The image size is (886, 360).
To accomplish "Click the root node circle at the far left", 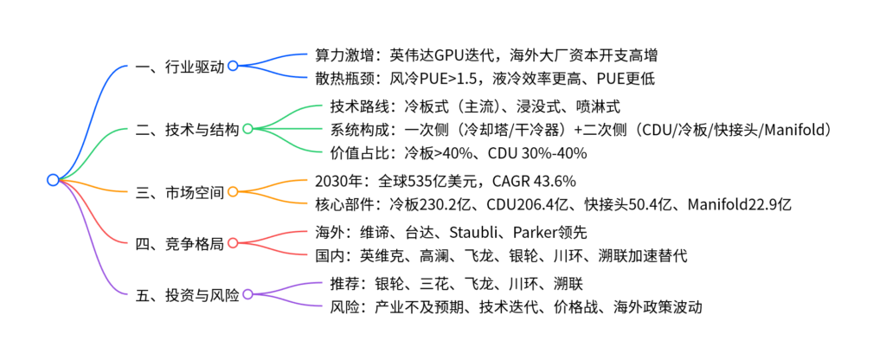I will click(53, 180).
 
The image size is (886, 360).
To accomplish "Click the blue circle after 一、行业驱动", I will click(233, 66).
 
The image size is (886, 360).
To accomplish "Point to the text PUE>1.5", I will click(462, 78).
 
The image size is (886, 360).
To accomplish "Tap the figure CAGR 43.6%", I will click(530, 181).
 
